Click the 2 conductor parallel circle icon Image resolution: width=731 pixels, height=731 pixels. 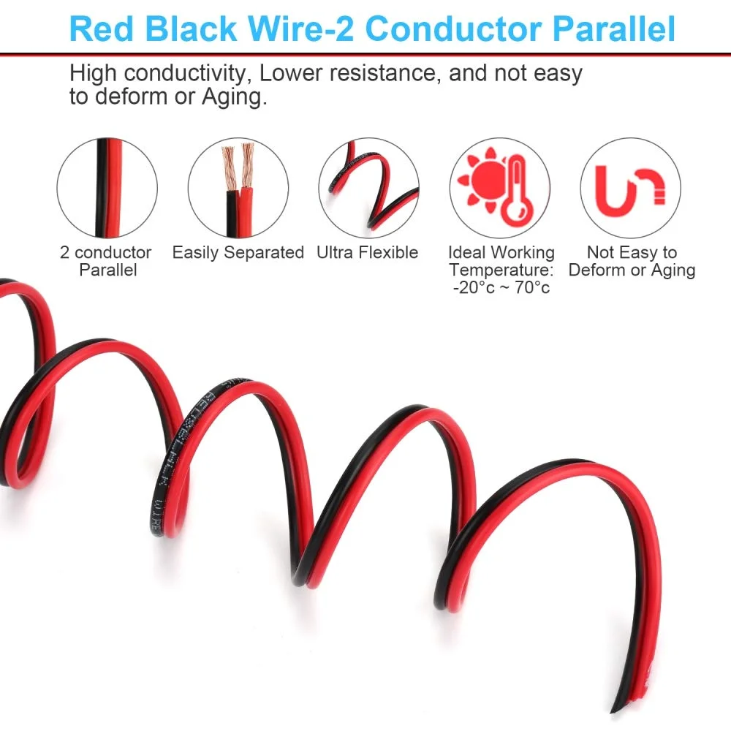pos(107,188)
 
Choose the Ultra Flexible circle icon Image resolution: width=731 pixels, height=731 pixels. pos(369,188)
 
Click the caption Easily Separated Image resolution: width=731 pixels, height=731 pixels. pos(238,253)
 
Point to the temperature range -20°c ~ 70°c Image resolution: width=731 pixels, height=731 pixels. pos(501,288)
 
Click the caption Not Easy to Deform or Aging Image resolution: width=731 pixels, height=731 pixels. pos(632,262)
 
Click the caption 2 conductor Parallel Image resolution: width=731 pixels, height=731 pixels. pos(107,262)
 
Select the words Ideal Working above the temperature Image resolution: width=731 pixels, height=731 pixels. pos(501,253)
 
